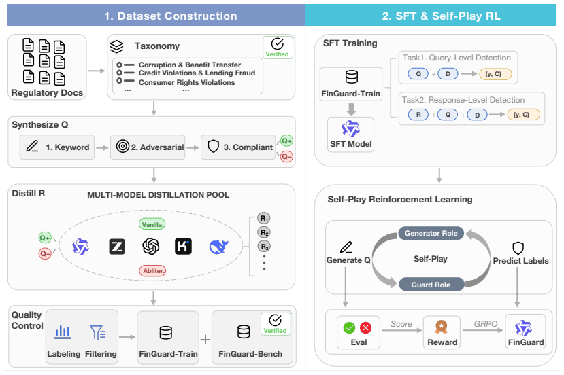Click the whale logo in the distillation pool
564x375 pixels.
[218, 247]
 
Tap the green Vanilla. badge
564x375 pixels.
[152, 224]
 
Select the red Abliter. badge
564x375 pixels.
[152, 271]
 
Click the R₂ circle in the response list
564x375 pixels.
[264, 232]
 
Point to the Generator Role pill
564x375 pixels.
[431, 233]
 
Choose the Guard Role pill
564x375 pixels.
[431, 285]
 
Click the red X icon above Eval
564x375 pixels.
[366, 327]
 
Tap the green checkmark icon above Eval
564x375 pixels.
[349, 327]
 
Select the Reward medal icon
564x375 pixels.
[442, 327]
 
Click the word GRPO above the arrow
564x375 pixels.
[486, 323]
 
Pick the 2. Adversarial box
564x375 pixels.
[148, 147]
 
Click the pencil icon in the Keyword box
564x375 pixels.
[32, 146]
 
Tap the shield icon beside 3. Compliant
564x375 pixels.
[214, 146]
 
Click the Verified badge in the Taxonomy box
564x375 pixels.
[278, 48]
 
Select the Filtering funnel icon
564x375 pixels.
[98, 332]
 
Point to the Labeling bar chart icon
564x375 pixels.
[63, 332]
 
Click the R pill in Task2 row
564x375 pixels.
[418, 115]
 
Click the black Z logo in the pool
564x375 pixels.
[117, 247]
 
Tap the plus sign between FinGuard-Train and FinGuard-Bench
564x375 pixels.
[205, 340]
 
